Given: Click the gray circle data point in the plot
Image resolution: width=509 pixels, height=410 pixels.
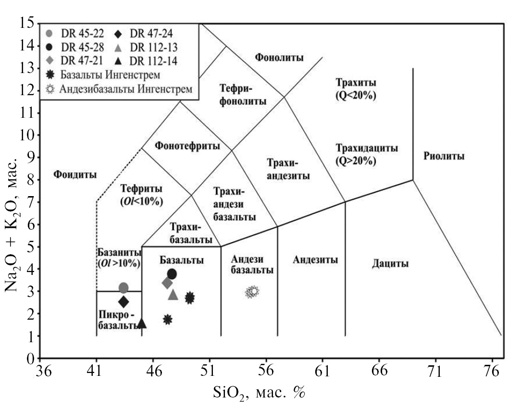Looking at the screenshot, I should click(124, 288).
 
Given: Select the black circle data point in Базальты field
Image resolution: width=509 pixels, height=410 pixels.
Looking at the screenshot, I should click(172, 274).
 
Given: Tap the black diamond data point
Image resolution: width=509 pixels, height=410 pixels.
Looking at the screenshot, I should click(124, 302).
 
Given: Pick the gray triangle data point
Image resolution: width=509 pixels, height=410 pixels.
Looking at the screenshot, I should click(173, 295).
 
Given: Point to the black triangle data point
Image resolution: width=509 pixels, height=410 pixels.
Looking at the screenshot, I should click(141, 323).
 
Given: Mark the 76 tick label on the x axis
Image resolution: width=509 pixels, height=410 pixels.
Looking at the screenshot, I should click(492, 371).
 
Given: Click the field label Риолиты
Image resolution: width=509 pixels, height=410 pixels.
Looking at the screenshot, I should click(444, 156).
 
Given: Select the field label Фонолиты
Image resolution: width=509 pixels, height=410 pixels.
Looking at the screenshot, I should click(279, 58).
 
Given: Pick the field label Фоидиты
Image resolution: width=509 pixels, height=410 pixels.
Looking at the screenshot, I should click(75, 174).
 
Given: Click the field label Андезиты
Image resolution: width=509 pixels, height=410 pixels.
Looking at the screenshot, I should click(315, 260).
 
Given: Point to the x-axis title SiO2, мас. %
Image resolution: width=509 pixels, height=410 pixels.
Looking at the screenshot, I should click(260, 393).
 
